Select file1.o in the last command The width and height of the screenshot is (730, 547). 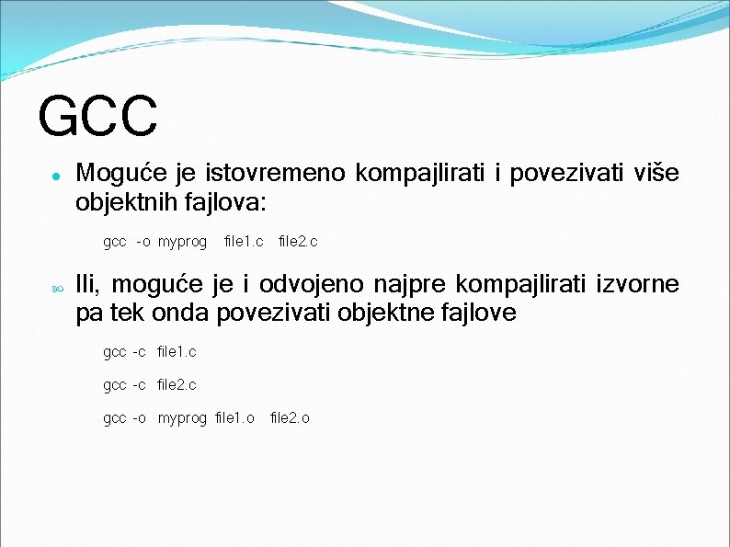234,418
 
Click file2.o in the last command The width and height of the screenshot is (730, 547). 290,418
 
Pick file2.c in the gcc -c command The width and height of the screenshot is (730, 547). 177,385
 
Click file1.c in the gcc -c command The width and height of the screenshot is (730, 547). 177,352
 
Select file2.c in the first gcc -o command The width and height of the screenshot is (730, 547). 298,243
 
